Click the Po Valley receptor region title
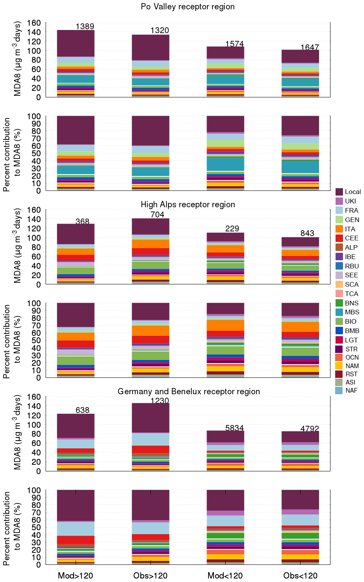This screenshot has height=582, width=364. (x=187, y=7)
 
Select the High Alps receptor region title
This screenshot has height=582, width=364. (x=187, y=205)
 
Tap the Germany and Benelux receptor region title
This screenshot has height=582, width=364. (x=189, y=392)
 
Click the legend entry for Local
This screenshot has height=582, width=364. (x=348, y=192)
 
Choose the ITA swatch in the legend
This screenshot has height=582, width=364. (x=339, y=229)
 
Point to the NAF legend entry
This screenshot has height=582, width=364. (x=346, y=390)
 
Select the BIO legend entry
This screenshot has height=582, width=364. (x=346, y=321)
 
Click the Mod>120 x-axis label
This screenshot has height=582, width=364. (x=76, y=575)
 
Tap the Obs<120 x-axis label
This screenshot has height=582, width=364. (x=300, y=575)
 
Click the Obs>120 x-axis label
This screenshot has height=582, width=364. (x=150, y=575)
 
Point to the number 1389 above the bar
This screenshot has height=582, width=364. (x=85, y=26)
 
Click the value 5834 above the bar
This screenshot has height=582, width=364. (x=235, y=428)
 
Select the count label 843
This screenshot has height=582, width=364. (x=307, y=233)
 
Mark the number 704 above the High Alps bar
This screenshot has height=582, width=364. (x=157, y=215)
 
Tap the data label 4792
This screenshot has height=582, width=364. (x=310, y=429)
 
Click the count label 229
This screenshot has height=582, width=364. (x=232, y=229)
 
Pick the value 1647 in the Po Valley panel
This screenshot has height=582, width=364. (x=310, y=47)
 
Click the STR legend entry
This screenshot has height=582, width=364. (x=346, y=349)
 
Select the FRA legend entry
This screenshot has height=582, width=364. (x=347, y=210)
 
